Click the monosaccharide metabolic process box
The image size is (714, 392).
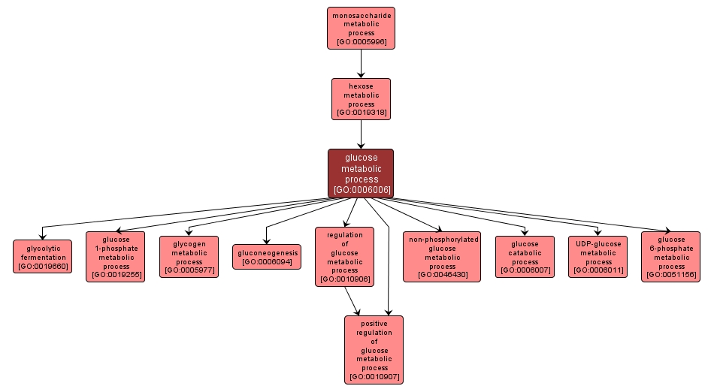click(361, 29)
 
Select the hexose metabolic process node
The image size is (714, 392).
click(361, 99)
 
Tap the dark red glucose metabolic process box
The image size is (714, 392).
click(361, 173)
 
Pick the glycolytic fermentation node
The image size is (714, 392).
click(43, 256)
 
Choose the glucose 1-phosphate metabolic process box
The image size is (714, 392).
click(116, 257)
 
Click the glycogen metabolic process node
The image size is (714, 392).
click(189, 257)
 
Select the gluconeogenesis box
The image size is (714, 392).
click(267, 257)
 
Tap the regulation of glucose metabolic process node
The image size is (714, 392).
click(345, 257)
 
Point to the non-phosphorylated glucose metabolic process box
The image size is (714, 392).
click(442, 257)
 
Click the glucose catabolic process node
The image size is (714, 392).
click(525, 257)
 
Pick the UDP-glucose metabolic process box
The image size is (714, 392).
click(598, 257)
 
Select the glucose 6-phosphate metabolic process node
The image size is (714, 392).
click(671, 257)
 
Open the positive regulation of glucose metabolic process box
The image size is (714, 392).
click(374, 350)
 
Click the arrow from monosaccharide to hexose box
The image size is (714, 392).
click(361, 64)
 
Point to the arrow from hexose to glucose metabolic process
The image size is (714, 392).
click(361, 134)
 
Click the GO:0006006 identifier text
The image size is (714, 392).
click(362, 190)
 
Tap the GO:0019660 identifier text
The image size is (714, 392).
click(43, 266)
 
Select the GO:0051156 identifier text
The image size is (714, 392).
click(671, 275)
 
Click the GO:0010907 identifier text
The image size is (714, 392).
click(374, 376)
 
